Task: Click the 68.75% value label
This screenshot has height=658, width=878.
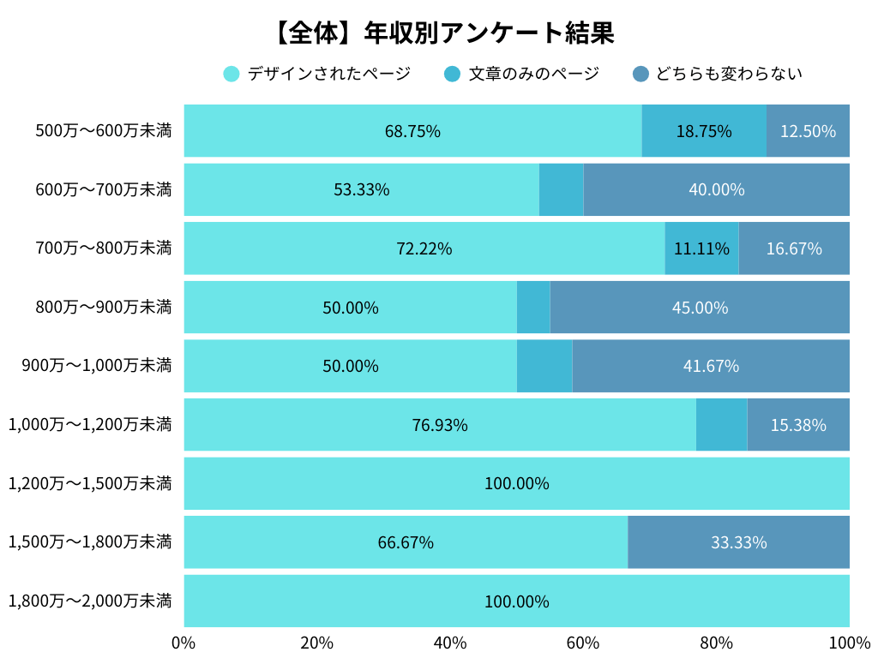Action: pyautogui.click(x=412, y=131)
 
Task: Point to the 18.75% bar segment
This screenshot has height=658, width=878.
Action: pyautogui.click(x=703, y=131)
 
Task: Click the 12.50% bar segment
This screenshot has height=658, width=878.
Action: pyautogui.click(x=808, y=131)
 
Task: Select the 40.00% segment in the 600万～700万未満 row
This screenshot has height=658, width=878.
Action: pyautogui.click(x=716, y=189)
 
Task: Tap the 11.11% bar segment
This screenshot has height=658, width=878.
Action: pyautogui.click(x=701, y=248)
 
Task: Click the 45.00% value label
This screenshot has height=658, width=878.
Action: pyautogui.click(x=700, y=308)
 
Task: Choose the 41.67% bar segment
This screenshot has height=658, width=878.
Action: pyautogui.click(x=711, y=366)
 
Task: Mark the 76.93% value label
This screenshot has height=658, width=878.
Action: pyautogui.click(x=440, y=425)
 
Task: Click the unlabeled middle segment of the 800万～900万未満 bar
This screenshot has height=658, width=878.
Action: pyautogui.click(x=533, y=308)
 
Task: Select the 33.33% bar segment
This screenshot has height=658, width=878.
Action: pyautogui.click(x=738, y=542)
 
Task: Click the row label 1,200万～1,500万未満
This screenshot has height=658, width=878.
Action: pyautogui.click(x=90, y=483)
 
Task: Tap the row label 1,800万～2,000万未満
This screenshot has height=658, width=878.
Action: pyautogui.click(x=90, y=601)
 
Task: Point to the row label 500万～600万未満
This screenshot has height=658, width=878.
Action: pyautogui.click(x=103, y=131)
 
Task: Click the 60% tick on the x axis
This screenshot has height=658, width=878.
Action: pyautogui.click(x=583, y=643)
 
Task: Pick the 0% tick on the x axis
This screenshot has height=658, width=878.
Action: pyautogui.click(x=183, y=643)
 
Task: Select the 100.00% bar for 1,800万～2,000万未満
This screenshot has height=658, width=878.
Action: pyautogui.click(x=516, y=601)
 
